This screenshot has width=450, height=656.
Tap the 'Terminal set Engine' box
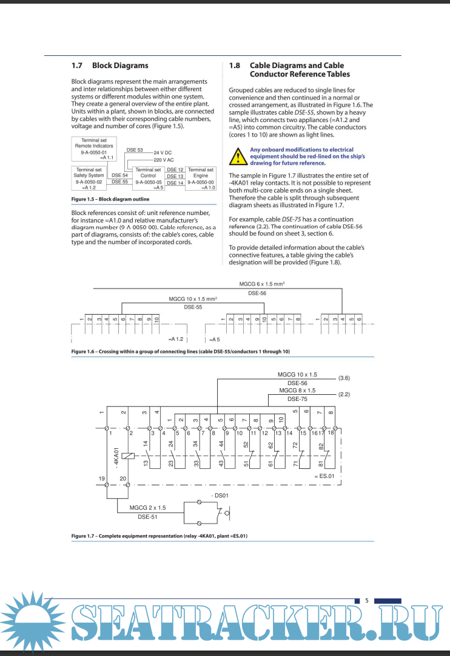point(201,179)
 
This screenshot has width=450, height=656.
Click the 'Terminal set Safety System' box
point(89,179)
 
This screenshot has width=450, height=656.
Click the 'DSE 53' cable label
point(135,149)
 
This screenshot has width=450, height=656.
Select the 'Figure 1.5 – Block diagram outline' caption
point(110,199)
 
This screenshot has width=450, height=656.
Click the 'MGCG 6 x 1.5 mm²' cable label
point(262,284)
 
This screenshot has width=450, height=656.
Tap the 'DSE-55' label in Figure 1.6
point(193,307)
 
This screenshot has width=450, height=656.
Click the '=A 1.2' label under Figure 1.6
point(176,339)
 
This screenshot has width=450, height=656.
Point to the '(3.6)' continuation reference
point(344,378)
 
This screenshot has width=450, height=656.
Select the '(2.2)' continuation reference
point(344,394)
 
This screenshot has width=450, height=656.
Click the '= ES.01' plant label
point(324,476)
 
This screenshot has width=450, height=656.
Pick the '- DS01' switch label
point(219,496)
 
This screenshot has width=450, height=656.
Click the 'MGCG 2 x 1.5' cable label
point(147,507)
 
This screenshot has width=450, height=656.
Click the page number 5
point(366,601)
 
